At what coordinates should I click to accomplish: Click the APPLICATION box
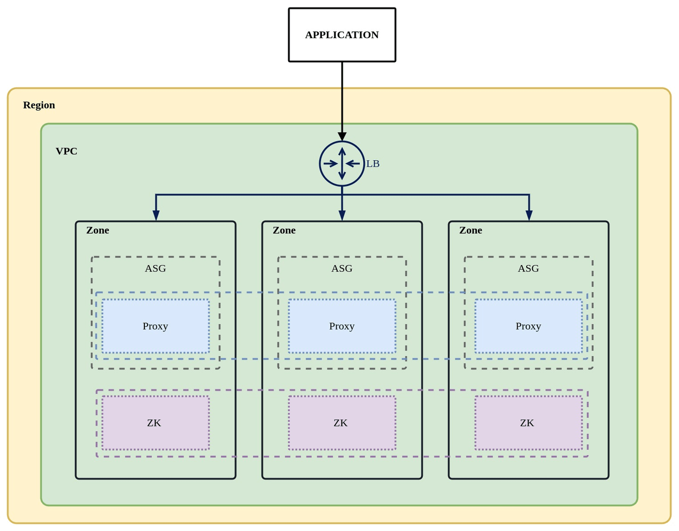[342, 35]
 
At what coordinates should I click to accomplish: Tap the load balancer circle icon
[342, 164]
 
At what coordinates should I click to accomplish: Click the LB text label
[373, 164]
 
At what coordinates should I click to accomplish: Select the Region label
[39, 105]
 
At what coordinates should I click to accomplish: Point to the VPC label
[66, 151]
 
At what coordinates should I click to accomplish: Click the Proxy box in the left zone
[155, 326]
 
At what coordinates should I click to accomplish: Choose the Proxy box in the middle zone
[342, 326]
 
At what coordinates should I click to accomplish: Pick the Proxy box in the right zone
[528, 326]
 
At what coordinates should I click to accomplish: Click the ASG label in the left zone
[155, 268]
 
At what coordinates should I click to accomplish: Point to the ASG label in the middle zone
[342, 268]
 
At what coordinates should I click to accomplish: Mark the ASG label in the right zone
[528, 268]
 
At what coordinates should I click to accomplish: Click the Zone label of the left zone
[98, 230]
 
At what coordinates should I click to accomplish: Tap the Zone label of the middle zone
[284, 230]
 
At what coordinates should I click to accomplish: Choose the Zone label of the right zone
[471, 230]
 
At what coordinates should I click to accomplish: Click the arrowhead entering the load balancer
[342, 137]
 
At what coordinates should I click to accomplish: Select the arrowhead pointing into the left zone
[156, 215]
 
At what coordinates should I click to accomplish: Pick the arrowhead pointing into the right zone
[529, 215]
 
